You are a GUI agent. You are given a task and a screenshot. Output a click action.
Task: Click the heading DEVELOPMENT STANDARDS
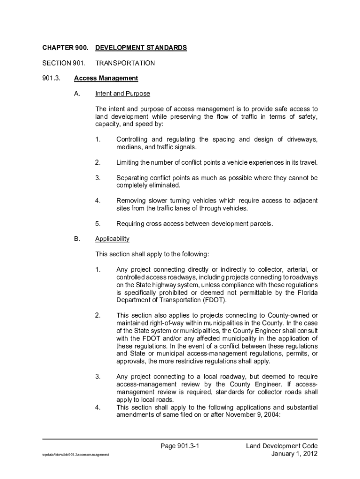pyautogui.click(x=141, y=48)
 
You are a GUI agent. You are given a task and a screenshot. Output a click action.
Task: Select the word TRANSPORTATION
pyautogui.click(x=125, y=63)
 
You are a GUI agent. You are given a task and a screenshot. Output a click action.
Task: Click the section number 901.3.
pyautogui.click(x=51, y=78)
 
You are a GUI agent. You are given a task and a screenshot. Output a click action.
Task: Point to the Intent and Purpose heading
pyautogui.click(x=122, y=94)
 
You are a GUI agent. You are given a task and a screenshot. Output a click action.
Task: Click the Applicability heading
pyautogui.click(x=112, y=239)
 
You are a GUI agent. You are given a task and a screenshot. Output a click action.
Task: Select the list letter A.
pyautogui.click(x=77, y=94)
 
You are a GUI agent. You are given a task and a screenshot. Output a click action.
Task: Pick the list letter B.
pyautogui.click(x=77, y=239)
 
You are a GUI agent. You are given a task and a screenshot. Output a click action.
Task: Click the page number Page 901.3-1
pyautogui.click(x=180, y=446)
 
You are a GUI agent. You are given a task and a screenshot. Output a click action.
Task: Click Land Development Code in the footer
pyautogui.click(x=282, y=446)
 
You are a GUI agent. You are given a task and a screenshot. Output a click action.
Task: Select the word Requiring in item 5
pyautogui.click(x=131, y=224)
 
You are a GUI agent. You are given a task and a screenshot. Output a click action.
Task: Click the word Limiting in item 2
pyautogui.click(x=129, y=163)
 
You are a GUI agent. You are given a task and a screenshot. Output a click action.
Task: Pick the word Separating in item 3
pyautogui.click(x=134, y=178)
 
